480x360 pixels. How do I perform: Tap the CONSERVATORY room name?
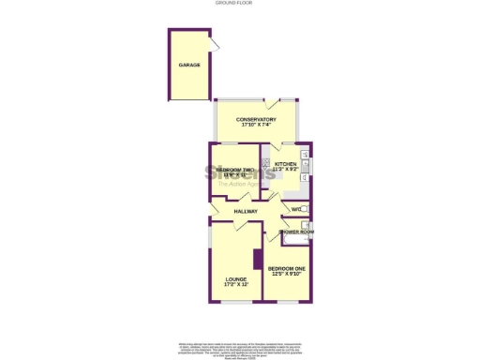pyautogui.click(x=256, y=119)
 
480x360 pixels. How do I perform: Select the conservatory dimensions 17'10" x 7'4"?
pyautogui.click(x=256, y=126)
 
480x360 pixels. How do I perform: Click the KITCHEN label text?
pyautogui.click(x=285, y=164)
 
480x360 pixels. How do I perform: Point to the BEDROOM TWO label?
pyautogui.click(x=235, y=169)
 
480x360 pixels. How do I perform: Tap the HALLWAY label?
pyautogui.click(x=246, y=212)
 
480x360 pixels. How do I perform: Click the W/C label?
pyautogui.click(x=295, y=208)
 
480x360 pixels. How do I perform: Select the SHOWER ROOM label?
pyautogui.click(x=295, y=231)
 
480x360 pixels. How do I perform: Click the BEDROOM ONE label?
pyautogui.click(x=287, y=269)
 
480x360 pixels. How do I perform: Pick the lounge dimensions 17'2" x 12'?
pyautogui.click(x=235, y=284)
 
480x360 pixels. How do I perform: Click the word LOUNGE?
pyautogui.click(x=235, y=278)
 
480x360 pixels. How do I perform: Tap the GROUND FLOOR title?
pyautogui.click(x=239, y=4)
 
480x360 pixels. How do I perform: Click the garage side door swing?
pyautogui.click(x=216, y=46)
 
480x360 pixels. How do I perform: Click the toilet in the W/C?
pyautogui.click(x=307, y=208)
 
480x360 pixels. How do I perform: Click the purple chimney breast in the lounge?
pyautogui.click(x=256, y=260)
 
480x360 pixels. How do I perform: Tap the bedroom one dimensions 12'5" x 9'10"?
pyautogui.click(x=287, y=275)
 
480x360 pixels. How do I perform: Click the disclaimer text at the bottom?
pyautogui.click(x=240, y=347)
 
